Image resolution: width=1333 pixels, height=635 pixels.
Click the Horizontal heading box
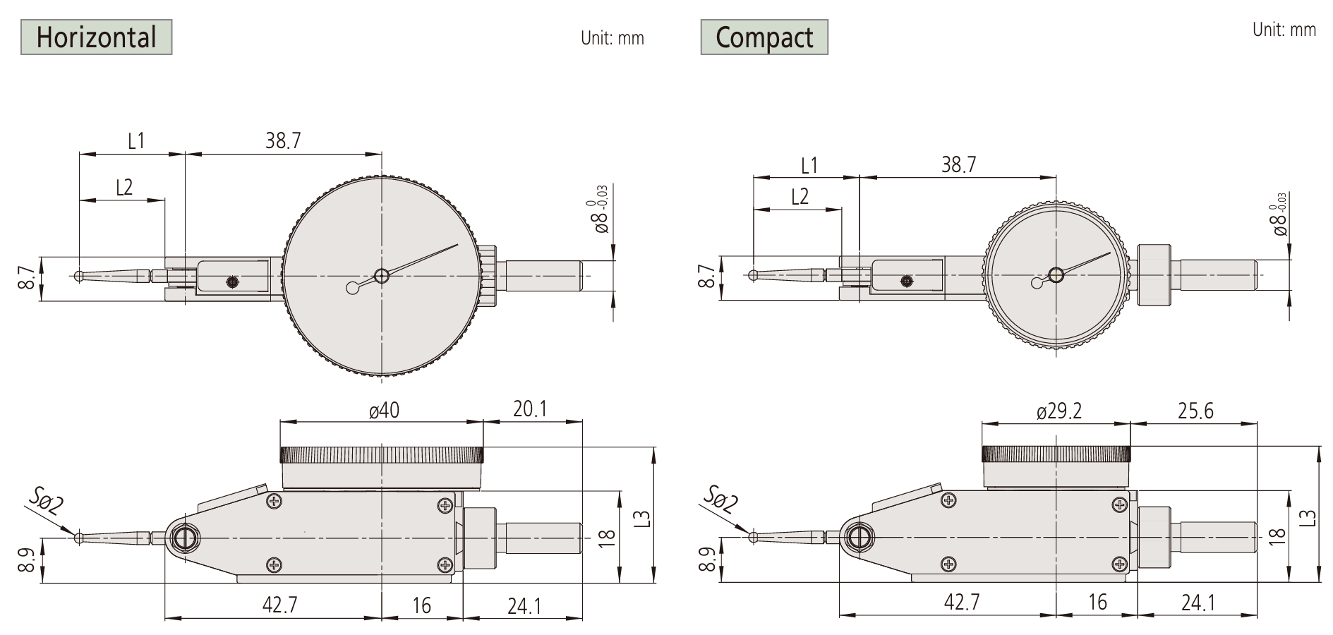(97, 37)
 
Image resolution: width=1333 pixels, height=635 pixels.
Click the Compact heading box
(764, 37)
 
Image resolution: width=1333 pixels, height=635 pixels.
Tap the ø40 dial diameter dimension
(384, 410)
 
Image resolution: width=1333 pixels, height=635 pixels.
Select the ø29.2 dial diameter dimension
(1058, 411)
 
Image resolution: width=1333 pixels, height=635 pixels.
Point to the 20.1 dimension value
(530, 409)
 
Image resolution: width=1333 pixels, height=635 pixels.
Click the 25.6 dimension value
(1195, 411)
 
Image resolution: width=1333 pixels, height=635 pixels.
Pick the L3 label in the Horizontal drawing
(641, 519)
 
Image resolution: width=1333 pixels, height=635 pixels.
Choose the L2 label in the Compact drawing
(800, 196)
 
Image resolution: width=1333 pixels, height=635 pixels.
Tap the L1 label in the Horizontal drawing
(136, 140)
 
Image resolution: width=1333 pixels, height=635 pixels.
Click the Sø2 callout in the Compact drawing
(720, 499)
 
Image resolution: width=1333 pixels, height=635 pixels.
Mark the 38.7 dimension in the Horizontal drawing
(283, 140)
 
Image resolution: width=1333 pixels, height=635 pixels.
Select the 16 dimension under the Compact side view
(1097, 602)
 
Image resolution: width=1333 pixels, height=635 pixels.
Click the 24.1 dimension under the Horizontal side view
(524, 605)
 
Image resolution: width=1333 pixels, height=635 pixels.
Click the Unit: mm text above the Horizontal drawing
(612, 38)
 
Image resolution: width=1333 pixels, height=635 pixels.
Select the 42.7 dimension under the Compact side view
(961, 602)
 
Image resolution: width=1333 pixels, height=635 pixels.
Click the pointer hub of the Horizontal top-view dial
(381, 275)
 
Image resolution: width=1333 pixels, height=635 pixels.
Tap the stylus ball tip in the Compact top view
(754, 274)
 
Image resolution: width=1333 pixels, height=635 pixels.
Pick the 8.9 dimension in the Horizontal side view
(25, 560)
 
